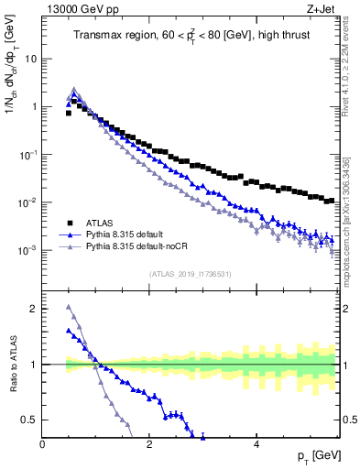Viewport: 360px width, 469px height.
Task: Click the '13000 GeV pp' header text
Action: [82, 10]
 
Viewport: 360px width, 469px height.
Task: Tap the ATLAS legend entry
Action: [100, 223]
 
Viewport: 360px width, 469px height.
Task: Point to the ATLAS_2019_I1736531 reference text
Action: [190, 274]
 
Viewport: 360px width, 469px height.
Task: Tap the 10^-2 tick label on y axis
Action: [28, 202]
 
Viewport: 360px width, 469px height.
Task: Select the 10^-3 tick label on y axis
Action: [28, 250]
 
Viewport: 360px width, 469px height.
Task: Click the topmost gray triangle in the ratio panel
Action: [69, 307]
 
